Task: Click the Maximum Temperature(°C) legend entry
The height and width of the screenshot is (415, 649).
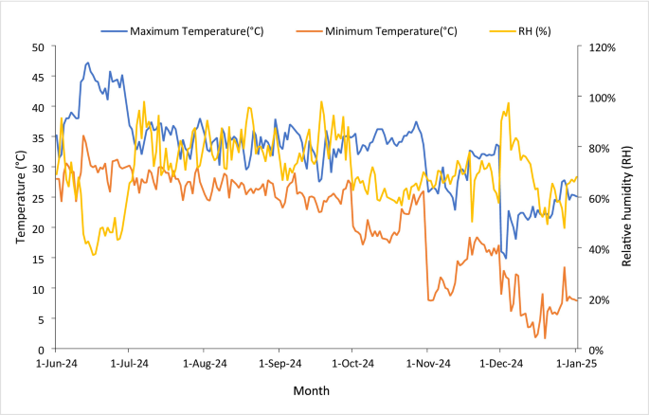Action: tap(182, 31)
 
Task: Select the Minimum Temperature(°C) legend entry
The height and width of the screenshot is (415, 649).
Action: tap(377, 31)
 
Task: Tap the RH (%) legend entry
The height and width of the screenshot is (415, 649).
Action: tap(520, 31)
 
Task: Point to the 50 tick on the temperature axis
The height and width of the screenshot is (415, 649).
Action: tap(38, 47)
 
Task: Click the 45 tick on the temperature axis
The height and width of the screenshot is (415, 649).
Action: tap(38, 78)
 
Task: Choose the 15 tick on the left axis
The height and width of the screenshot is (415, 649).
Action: tap(38, 259)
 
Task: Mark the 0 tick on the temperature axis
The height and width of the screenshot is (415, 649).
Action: tap(41, 351)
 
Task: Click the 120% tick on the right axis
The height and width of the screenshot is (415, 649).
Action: tap(603, 47)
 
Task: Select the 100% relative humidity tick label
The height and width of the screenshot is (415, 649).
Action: tap(603, 98)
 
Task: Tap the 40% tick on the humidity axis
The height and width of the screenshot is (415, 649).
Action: tap(600, 249)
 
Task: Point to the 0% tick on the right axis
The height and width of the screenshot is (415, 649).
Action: tap(597, 351)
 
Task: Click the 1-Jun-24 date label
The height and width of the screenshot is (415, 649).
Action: tap(57, 364)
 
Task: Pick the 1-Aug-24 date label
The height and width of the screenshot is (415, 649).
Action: tap(205, 364)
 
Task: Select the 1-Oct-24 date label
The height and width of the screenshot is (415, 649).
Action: tap(352, 364)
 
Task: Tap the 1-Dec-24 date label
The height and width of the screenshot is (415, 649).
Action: tap(501, 364)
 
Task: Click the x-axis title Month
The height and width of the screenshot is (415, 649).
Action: tap(312, 390)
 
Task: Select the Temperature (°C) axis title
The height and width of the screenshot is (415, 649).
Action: tap(21, 197)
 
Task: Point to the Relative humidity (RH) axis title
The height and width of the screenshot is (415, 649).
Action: tap(626, 206)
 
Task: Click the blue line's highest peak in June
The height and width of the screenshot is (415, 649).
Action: tap(87, 63)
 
